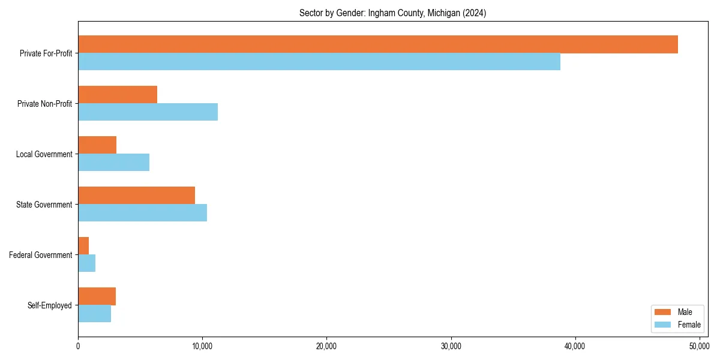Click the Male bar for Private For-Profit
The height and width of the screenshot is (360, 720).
tap(378, 44)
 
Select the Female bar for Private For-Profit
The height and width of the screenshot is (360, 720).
tap(319, 62)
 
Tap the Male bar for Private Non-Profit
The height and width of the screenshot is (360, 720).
tap(118, 95)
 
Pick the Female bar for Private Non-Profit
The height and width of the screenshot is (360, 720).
tap(148, 112)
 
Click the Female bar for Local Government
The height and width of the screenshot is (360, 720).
tap(113, 163)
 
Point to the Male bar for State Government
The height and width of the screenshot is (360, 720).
tap(136, 196)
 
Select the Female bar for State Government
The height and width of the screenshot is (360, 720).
tap(142, 213)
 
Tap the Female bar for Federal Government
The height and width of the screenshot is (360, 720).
tap(86, 263)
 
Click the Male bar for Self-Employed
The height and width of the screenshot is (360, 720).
tap(97, 296)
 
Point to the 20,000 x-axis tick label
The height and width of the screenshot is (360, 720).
tap(326, 346)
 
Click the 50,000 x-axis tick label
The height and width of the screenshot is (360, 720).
tap(700, 346)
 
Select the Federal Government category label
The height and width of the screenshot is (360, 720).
tap(41, 255)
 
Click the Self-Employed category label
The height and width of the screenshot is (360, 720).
tap(50, 305)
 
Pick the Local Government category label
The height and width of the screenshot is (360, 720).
tap(44, 154)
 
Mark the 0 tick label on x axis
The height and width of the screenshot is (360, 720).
tap(78, 346)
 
